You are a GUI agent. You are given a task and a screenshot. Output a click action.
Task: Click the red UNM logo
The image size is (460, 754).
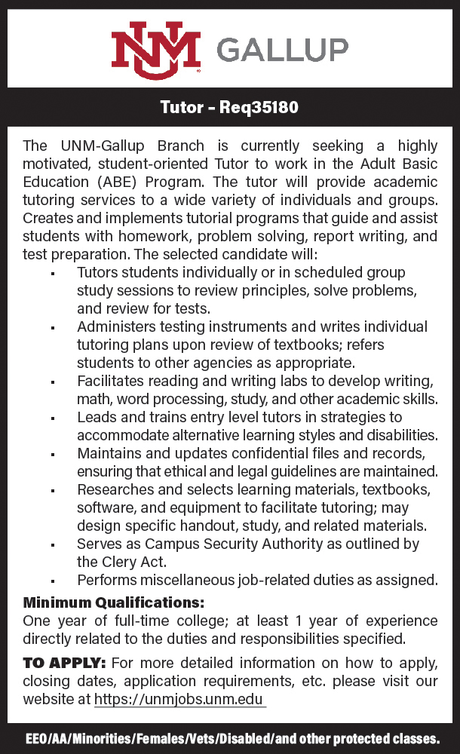[x=156, y=50]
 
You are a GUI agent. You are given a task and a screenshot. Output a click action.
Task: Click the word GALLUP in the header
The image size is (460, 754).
[x=282, y=50]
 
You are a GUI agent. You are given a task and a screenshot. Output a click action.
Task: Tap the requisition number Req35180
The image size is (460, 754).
[x=259, y=108]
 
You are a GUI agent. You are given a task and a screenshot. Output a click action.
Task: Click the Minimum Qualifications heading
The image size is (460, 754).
[x=114, y=603]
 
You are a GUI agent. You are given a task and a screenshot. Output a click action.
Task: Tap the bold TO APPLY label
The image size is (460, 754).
[x=65, y=664]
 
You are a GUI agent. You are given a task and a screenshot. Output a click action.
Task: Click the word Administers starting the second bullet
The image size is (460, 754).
[x=115, y=326]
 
